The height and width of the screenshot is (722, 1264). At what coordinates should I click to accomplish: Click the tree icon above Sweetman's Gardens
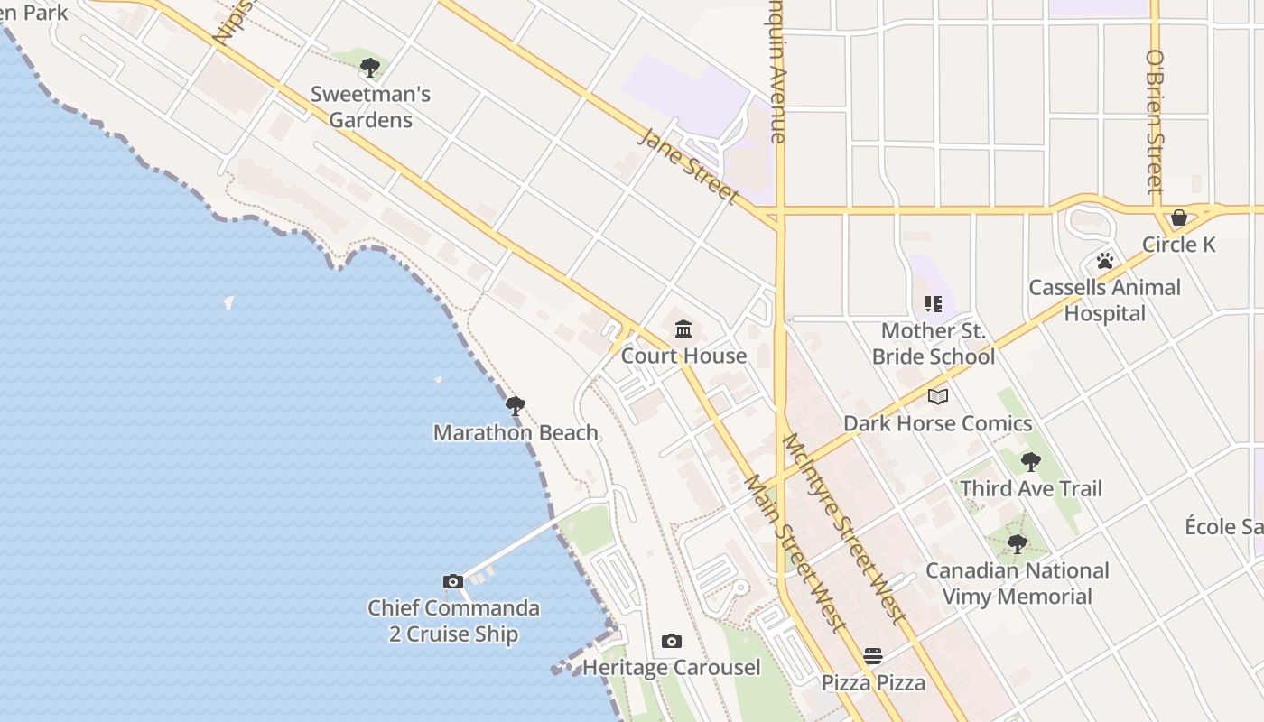pyautogui.click(x=369, y=67)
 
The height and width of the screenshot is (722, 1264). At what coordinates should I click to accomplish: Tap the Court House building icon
pyautogui.click(x=683, y=329)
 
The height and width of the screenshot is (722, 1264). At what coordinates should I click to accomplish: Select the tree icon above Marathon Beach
pyautogui.click(x=516, y=406)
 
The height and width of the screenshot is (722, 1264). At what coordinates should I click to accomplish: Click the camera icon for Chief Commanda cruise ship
pyautogui.click(x=453, y=581)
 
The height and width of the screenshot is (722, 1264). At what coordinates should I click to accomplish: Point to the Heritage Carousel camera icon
pyautogui.click(x=671, y=641)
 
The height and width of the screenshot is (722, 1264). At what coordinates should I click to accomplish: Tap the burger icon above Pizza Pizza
pyautogui.click(x=872, y=656)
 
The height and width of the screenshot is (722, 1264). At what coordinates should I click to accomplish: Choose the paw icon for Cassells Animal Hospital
pyautogui.click(x=1104, y=261)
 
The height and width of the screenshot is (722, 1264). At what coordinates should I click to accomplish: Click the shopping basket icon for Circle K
pyautogui.click(x=1178, y=218)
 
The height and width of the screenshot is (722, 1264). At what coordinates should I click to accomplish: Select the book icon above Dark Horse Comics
pyautogui.click(x=938, y=396)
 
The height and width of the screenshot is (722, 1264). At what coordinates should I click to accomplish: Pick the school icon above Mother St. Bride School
pyautogui.click(x=933, y=304)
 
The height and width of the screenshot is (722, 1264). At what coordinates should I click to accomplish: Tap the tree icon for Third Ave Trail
pyautogui.click(x=1030, y=462)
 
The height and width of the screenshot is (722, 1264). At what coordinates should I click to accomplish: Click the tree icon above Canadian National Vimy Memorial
pyautogui.click(x=1018, y=544)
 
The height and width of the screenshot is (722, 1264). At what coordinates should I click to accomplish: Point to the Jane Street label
pyautogui.click(x=689, y=165)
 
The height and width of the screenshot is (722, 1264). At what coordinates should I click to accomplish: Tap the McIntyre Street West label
pyautogui.click(x=844, y=528)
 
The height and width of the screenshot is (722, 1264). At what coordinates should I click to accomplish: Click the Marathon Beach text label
pyautogui.click(x=516, y=432)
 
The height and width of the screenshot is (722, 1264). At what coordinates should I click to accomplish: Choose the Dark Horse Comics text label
pyautogui.click(x=937, y=423)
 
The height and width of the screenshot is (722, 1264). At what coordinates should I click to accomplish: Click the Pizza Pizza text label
pyautogui.click(x=873, y=682)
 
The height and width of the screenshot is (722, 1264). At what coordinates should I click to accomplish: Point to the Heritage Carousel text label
pyautogui.click(x=671, y=668)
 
